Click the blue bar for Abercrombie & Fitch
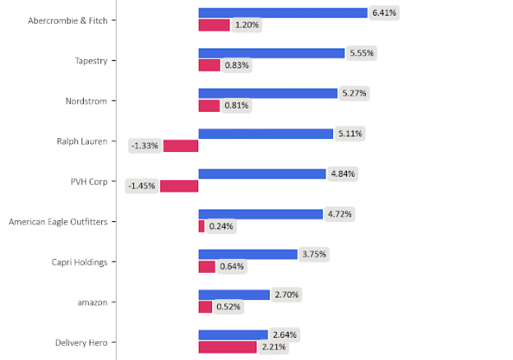coord(282,13)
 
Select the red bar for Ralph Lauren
coord(181,146)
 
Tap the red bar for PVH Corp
coord(179,186)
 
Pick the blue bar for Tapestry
coord(271,53)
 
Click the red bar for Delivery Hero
coord(227,347)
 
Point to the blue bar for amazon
coord(233,294)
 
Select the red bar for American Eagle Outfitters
coord(201,226)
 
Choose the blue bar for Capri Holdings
coord(247,254)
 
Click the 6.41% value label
coord(384,13)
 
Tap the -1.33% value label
coord(145,146)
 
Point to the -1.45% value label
coord(141,186)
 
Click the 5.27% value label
coord(354,93)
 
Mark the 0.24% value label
coord(220,226)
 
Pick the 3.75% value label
coord(314,254)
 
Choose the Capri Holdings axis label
coord(80,261)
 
